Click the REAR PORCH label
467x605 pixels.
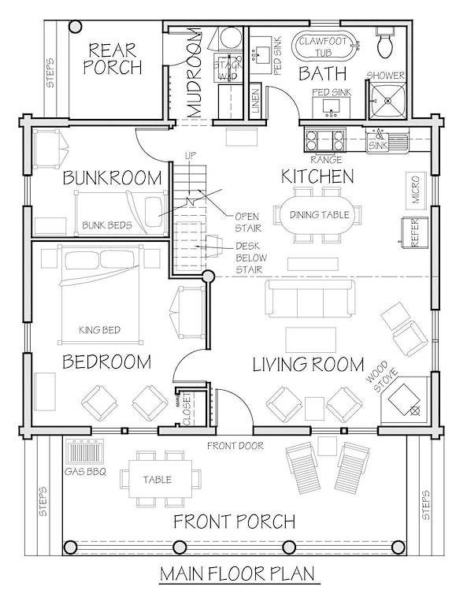[113, 58]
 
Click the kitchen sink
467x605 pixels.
[385, 143]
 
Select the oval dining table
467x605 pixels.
[318, 215]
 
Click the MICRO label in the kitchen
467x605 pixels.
[416, 187]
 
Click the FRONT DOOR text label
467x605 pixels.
[235, 447]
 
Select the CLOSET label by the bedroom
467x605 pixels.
[187, 410]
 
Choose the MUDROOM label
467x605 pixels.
[196, 73]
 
